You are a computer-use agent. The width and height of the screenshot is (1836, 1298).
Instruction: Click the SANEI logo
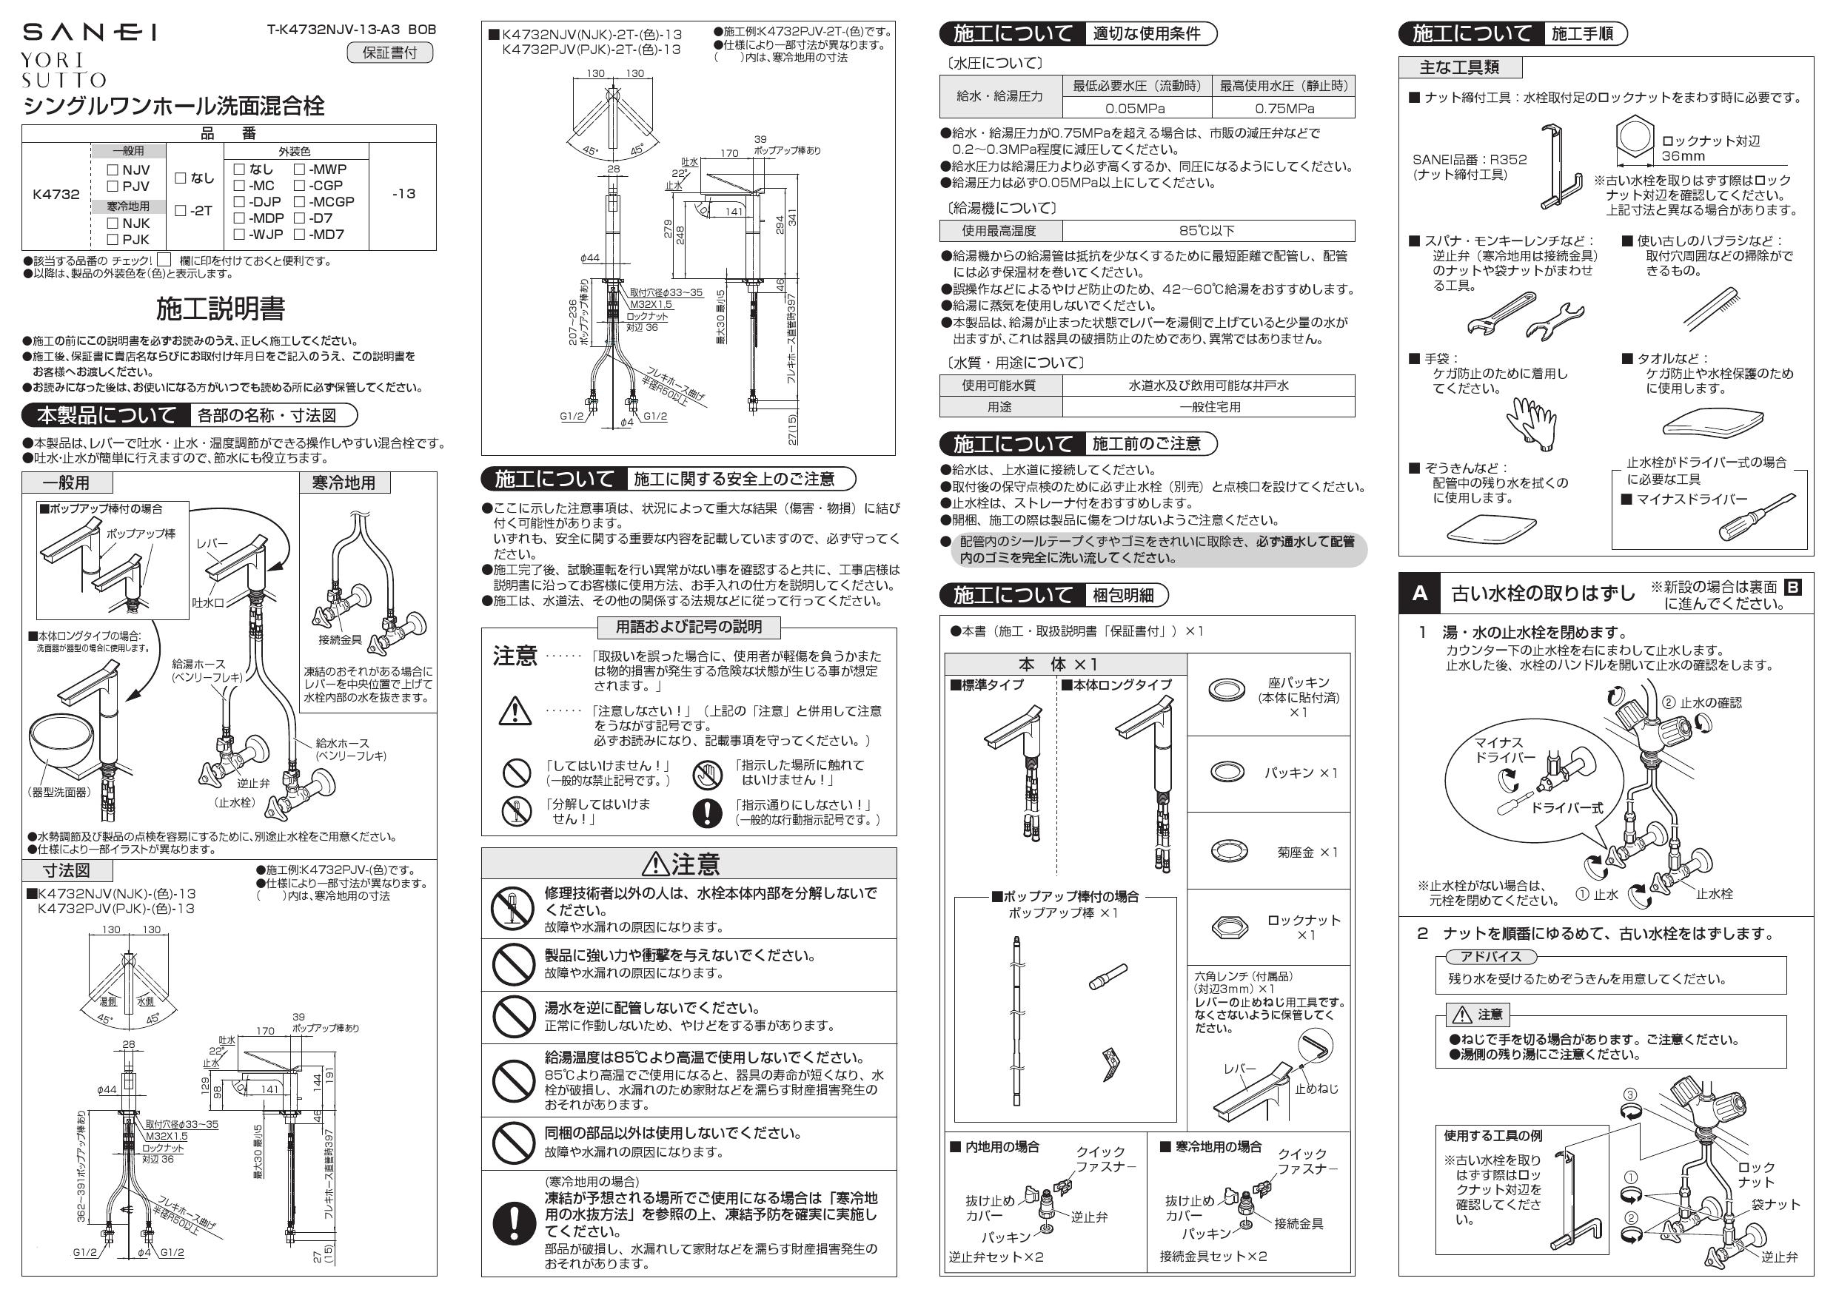point(89,32)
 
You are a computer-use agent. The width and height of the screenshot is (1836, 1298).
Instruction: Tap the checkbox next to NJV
point(113,170)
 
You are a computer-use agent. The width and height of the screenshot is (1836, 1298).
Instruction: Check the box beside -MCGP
point(299,202)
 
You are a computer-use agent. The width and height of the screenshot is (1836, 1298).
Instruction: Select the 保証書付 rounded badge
point(389,53)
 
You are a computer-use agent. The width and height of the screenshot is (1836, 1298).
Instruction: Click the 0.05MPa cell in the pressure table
point(1136,108)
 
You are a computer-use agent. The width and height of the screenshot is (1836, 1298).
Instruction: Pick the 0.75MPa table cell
point(1283,108)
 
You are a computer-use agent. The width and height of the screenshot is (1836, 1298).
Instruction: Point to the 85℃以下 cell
point(1207,231)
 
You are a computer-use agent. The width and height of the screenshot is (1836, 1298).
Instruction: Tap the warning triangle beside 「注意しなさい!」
point(515,711)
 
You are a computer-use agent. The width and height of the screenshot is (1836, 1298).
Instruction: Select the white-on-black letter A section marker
point(1419,593)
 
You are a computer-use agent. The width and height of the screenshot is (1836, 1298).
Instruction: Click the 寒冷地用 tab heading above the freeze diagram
point(344,482)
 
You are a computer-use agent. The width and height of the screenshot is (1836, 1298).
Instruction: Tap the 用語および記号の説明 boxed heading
point(688,627)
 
